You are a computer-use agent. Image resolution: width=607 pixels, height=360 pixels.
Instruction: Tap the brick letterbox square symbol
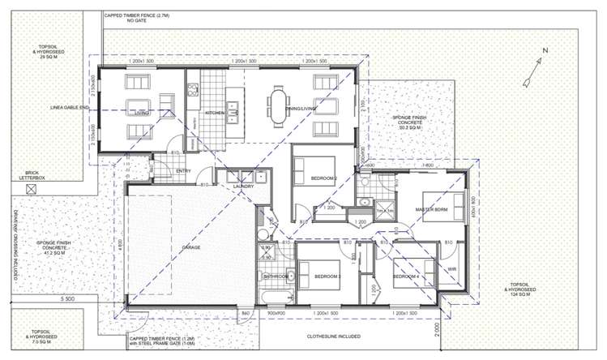[32, 190]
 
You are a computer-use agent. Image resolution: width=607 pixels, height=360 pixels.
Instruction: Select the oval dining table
[280, 105]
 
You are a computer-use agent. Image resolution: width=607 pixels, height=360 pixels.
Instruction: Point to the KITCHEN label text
[215, 113]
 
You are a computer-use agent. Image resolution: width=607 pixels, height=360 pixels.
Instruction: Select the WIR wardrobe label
[451, 270]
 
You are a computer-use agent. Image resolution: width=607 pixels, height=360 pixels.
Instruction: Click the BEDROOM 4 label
[406, 277]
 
